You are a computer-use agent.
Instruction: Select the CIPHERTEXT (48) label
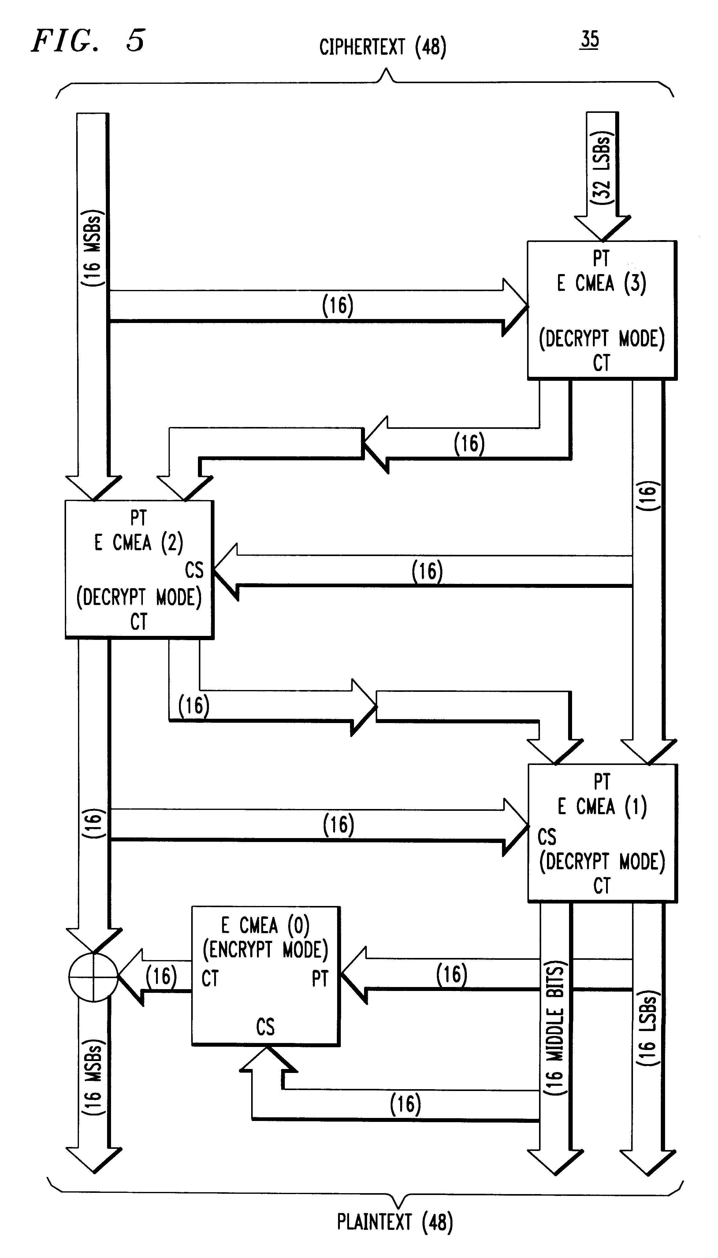383,47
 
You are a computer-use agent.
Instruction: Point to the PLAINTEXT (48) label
395,1222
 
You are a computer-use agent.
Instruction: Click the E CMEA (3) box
602,310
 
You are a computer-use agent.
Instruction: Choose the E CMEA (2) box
139,569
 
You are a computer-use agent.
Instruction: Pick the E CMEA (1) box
602,833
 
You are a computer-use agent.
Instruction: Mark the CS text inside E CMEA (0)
265,1027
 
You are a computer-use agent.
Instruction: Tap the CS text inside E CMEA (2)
194,570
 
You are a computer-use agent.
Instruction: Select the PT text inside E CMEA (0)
320,978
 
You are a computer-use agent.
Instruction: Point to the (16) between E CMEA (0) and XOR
161,976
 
